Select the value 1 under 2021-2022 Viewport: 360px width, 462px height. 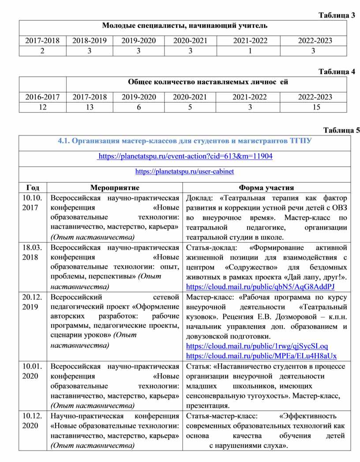tap(250, 51)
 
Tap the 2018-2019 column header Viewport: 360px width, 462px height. tap(90, 41)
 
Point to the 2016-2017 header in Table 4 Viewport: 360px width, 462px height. tap(42, 97)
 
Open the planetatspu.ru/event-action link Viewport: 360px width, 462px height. tap(185, 156)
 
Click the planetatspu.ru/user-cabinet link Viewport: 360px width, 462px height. tap(184, 171)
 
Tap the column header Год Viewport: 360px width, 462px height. tap(33, 188)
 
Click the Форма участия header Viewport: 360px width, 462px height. tap(266, 188)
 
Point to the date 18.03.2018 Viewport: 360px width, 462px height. tap(33, 252)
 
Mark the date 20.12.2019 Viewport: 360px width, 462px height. tap(33, 302)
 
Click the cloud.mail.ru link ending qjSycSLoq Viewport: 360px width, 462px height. tap(257, 346)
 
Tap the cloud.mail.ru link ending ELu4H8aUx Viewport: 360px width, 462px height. tap(261, 356)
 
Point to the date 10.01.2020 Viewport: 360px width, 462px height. tap(33, 371)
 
